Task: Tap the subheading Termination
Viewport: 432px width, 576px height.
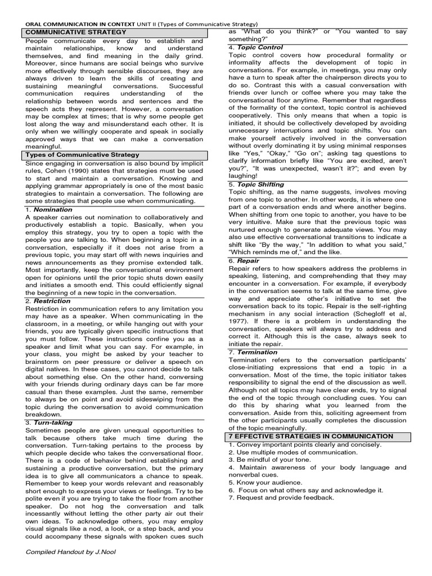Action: click(257, 352)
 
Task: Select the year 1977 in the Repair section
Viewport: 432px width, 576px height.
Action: click(239, 321)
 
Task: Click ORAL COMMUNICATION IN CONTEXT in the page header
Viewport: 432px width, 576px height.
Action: click(80, 24)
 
